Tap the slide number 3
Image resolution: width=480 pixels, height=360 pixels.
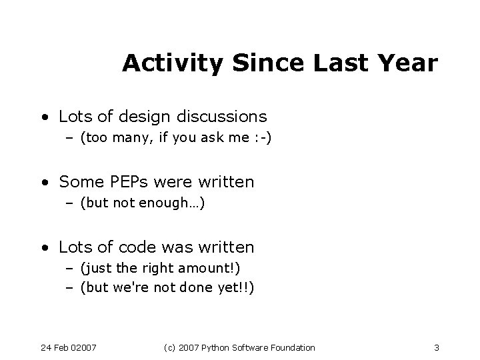pos(436,347)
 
